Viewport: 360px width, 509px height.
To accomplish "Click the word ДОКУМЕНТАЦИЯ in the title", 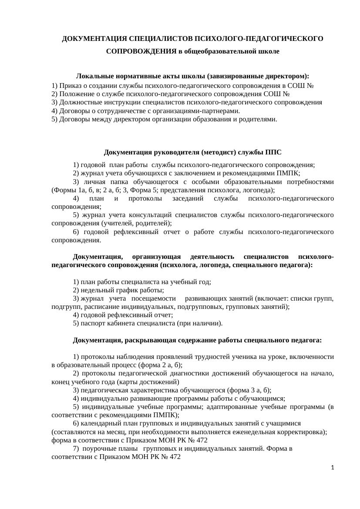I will click(x=89, y=39).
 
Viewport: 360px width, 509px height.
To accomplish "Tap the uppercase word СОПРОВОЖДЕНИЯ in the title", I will click(x=141, y=51).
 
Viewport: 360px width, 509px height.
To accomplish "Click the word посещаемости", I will click(x=153, y=298).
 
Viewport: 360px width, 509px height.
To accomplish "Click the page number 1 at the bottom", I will click(x=333, y=468).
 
